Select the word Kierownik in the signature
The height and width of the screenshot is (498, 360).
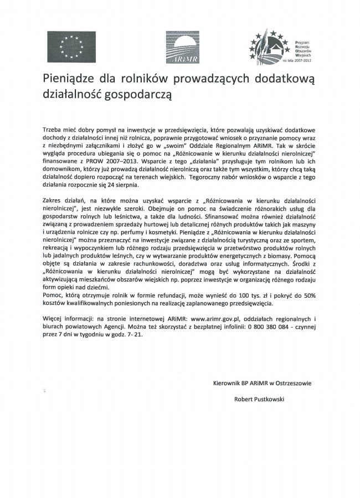click(x=227, y=382)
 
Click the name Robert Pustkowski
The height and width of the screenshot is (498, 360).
click(x=258, y=398)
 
